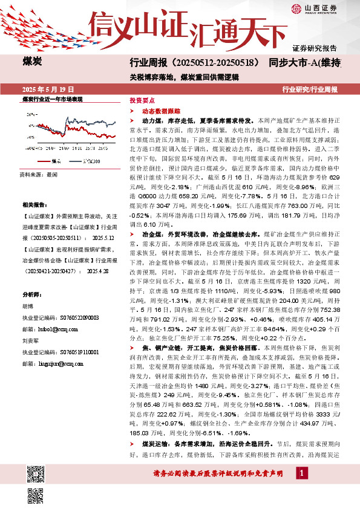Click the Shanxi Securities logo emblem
click(296, 8)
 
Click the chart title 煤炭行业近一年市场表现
click(52, 98)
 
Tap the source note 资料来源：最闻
click(39, 173)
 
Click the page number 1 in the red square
click(301, 472)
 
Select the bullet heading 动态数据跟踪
click(157, 112)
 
